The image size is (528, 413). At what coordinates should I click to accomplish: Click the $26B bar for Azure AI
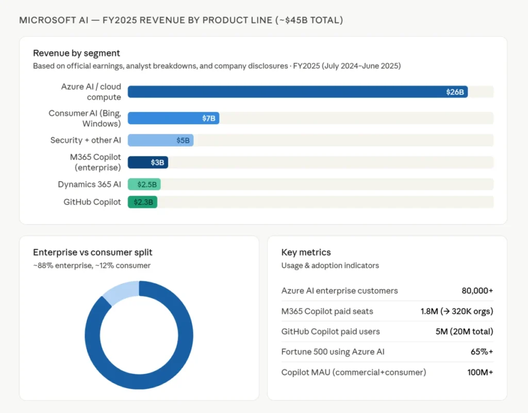(x=298, y=92)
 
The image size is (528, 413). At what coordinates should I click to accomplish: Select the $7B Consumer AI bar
(x=173, y=118)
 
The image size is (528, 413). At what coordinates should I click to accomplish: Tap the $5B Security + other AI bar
(x=160, y=140)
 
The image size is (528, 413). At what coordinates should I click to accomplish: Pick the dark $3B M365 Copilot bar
(x=147, y=162)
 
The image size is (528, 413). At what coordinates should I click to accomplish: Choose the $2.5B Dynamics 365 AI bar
(x=144, y=184)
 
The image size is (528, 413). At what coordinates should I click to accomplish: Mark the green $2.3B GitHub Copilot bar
(x=142, y=202)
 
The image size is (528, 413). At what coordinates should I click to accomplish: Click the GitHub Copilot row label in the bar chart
(x=92, y=202)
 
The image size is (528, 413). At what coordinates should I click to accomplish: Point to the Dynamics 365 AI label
(x=89, y=184)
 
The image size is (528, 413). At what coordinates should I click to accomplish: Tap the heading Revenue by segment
(x=76, y=53)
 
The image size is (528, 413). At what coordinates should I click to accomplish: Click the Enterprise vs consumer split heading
(x=93, y=252)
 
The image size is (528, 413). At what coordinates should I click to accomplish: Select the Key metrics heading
(x=306, y=252)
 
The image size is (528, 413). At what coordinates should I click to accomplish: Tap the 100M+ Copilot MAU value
(x=479, y=372)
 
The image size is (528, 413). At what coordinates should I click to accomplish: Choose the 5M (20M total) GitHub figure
(x=464, y=331)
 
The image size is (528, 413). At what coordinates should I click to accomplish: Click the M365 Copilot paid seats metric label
(x=327, y=311)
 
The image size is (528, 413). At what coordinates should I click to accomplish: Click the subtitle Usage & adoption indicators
(x=330, y=265)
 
